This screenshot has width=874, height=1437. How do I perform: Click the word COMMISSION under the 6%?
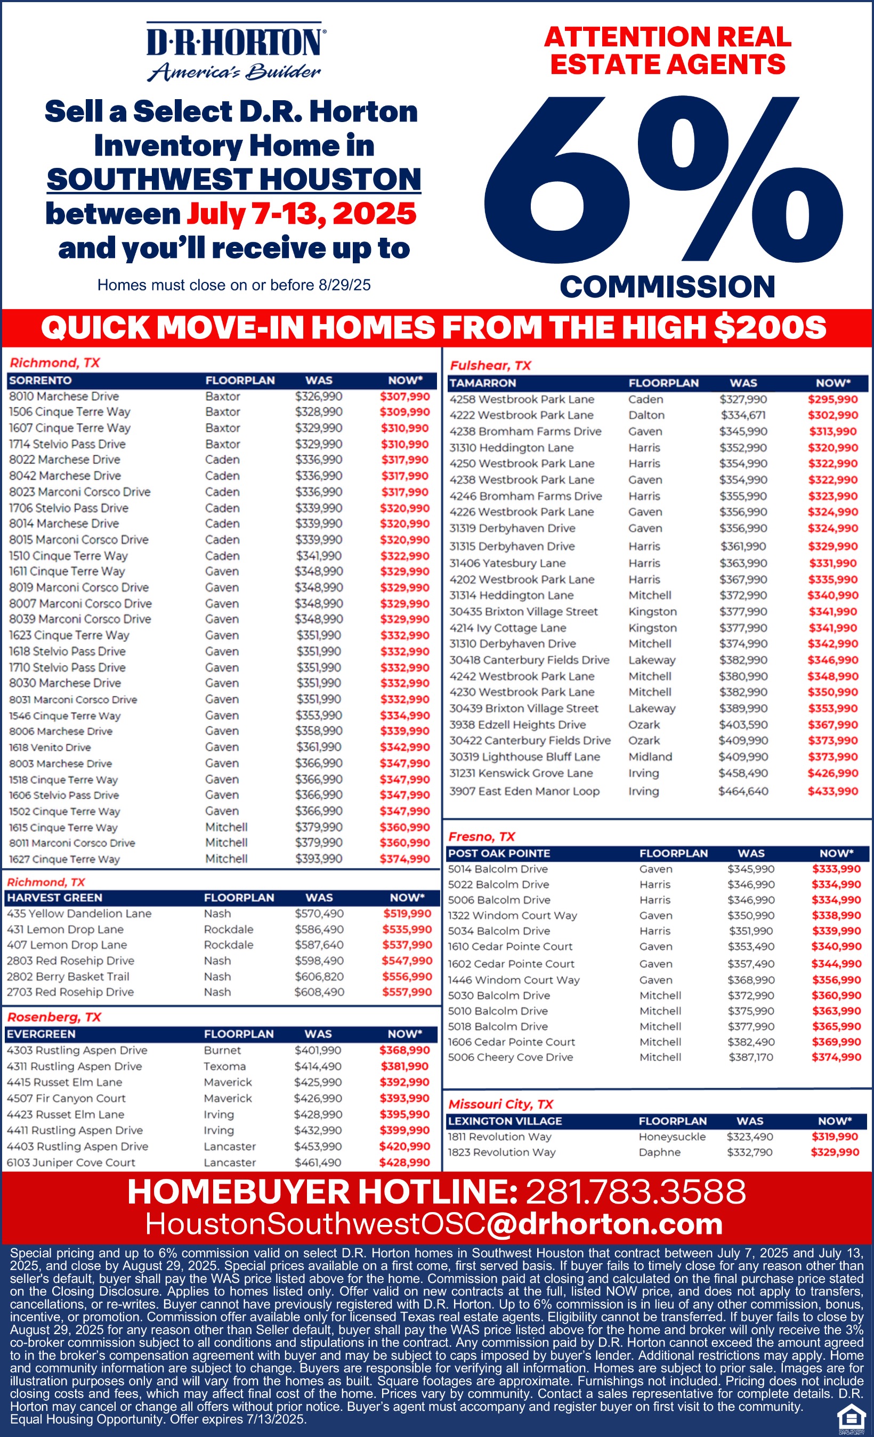(667, 287)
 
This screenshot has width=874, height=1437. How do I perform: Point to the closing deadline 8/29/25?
(344, 285)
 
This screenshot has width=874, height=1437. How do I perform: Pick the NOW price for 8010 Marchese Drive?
(404, 397)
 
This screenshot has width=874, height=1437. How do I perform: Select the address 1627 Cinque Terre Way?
(64, 859)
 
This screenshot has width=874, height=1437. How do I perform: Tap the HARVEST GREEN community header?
(54, 898)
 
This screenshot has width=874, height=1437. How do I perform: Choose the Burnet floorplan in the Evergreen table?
(222, 1051)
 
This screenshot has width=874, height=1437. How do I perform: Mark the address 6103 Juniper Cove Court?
(70, 1162)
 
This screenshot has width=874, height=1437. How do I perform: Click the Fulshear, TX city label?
(490, 366)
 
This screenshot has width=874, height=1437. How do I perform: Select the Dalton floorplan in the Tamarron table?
(646, 415)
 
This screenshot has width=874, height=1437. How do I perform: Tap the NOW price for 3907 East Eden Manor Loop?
(832, 792)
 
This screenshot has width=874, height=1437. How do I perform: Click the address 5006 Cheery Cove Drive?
(510, 1057)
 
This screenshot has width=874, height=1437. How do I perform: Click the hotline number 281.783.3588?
(636, 1191)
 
